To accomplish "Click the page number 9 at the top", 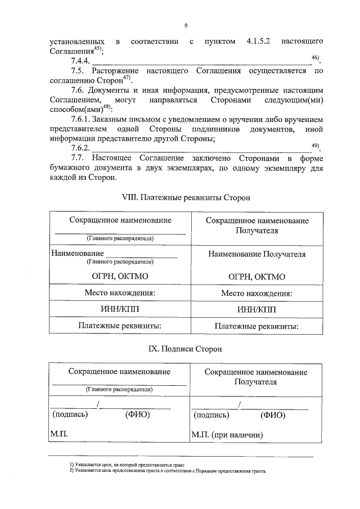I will click(186, 25).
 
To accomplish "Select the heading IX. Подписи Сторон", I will click(185, 349).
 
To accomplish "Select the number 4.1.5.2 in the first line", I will click(260, 42).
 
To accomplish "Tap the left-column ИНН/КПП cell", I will click(120, 309).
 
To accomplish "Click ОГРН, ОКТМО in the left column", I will click(120, 276).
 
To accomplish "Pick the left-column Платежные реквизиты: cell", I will click(120, 325).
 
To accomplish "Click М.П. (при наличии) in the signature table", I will click(227, 435).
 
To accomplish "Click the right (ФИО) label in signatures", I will click(273, 415).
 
